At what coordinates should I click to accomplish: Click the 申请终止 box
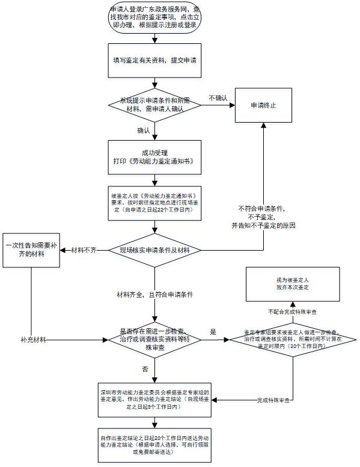tap(263, 105)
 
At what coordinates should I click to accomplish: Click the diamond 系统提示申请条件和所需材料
tap(156, 105)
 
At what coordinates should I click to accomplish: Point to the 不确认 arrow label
tap(218, 98)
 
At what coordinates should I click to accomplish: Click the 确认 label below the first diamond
tap(144, 130)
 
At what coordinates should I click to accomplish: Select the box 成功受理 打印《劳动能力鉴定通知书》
tap(156, 157)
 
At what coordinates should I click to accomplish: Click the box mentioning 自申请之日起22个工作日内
tap(156, 204)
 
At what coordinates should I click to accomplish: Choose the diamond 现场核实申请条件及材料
tap(156, 249)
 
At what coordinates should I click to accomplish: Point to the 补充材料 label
tap(33, 340)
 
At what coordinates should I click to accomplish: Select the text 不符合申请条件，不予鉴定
tap(263, 216)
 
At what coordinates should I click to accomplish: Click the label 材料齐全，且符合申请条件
tap(156, 295)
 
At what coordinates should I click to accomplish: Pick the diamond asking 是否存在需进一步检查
tap(156, 340)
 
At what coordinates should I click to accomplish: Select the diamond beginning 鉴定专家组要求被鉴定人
tap(293, 340)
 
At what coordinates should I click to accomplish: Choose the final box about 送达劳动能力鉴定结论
tap(156, 445)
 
